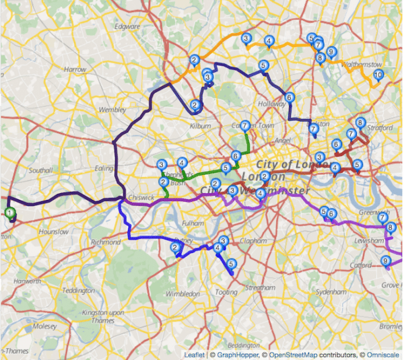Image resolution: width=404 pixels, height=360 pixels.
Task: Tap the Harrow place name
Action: pos(75,69)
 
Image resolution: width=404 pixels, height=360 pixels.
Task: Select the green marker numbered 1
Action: pos(10,213)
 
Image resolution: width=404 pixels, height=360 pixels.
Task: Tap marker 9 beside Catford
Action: pos(386,262)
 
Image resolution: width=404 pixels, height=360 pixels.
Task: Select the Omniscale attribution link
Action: pos(380,353)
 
